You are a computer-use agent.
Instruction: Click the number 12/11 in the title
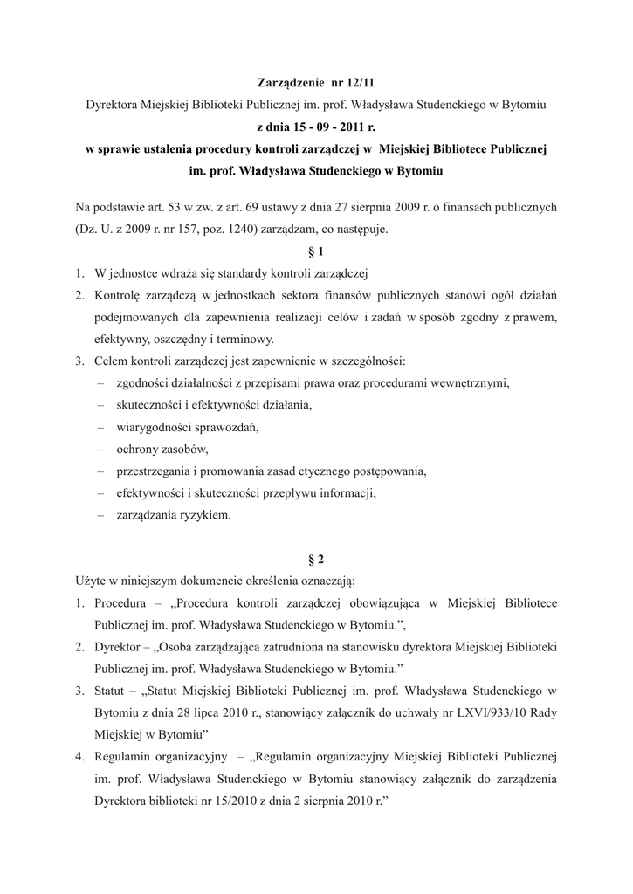point(357,83)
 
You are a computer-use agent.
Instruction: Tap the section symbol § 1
point(316,251)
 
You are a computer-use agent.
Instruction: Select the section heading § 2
point(316,558)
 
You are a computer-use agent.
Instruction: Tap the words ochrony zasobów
point(162,449)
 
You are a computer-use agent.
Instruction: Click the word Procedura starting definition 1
point(122,602)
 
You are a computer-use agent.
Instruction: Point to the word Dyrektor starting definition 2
point(118,646)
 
